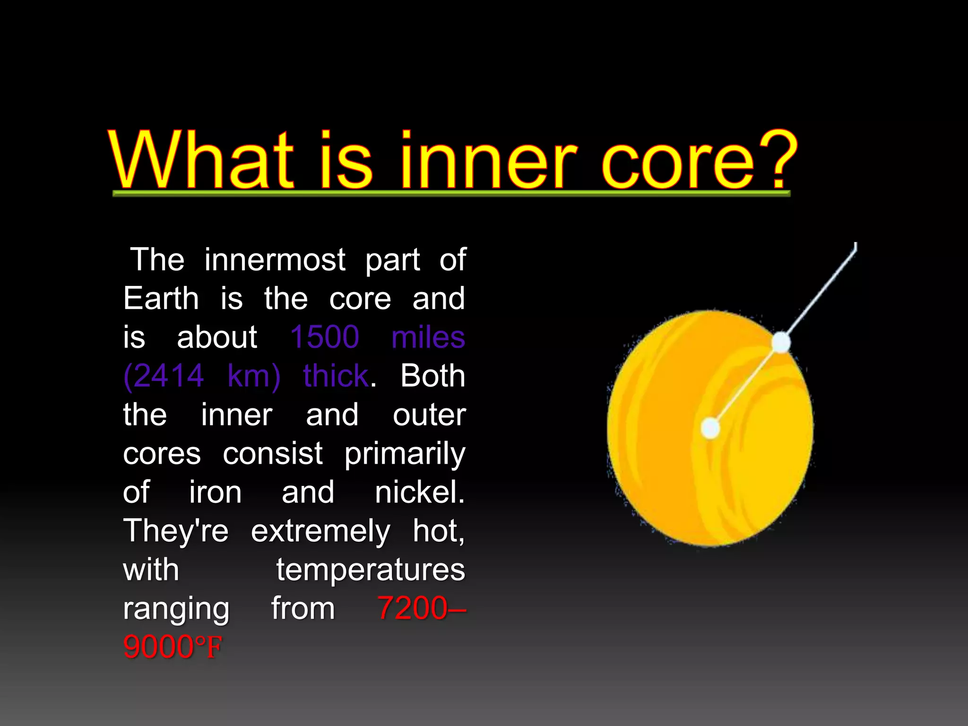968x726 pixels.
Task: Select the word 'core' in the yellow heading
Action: coord(678,163)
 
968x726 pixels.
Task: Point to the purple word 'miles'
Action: coord(428,337)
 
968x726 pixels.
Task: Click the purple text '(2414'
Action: coord(164,376)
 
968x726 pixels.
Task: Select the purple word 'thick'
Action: coord(336,376)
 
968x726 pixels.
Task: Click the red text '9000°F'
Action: coord(173,647)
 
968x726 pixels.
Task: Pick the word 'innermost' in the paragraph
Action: coord(275,260)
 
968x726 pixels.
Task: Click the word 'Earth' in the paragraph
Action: coord(161,299)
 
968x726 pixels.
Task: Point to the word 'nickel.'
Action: coord(420,492)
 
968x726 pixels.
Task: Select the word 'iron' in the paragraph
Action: coord(216,492)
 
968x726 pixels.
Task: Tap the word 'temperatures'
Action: coord(371,570)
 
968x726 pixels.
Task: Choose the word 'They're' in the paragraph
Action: coord(176,531)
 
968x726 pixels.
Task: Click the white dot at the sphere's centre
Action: coord(710,428)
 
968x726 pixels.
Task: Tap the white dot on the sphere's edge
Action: coord(781,342)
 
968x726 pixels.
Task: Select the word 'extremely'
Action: coord(320,532)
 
